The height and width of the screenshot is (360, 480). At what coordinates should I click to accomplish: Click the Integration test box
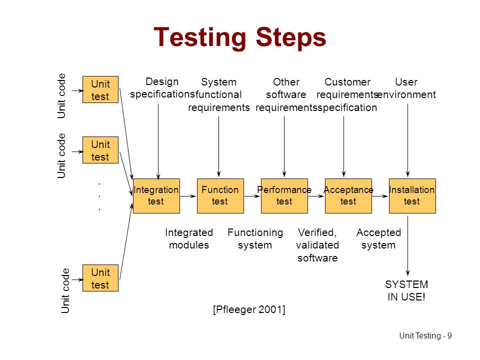(156, 196)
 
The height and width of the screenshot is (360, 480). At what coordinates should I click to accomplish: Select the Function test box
(220, 196)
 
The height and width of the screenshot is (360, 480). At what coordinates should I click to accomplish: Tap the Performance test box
(284, 196)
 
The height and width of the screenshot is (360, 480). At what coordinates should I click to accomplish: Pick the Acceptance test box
(348, 196)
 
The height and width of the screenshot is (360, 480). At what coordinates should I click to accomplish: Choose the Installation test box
(412, 196)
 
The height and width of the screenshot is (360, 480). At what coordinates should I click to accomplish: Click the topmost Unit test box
(100, 89)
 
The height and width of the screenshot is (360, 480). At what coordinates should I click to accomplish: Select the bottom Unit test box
(100, 278)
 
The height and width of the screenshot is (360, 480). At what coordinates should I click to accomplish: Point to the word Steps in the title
(291, 38)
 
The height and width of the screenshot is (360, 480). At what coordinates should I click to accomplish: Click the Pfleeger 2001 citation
(249, 309)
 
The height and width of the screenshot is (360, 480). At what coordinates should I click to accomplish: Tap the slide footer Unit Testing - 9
(425, 336)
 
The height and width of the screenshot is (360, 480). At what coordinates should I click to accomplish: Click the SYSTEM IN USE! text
(406, 290)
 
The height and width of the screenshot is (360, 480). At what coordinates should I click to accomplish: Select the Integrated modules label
(189, 239)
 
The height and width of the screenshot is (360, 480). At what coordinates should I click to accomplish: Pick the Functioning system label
(255, 239)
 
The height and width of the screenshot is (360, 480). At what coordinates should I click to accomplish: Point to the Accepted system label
(378, 239)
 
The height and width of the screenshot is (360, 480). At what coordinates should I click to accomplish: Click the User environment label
(406, 88)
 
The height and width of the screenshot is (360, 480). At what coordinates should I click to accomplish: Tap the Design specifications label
(162, 88)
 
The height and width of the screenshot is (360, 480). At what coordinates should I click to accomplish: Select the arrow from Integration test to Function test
(188, 196)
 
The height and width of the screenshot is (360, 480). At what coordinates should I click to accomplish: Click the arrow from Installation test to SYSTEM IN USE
(408, 246)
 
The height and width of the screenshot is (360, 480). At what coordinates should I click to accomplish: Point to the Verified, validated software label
(317, 245)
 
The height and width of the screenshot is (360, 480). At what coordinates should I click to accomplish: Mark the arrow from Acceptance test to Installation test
(380, 196)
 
